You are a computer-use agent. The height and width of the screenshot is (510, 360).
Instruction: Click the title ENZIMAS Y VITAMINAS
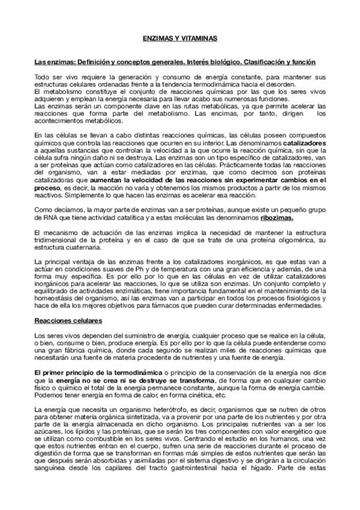click(180, 37)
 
